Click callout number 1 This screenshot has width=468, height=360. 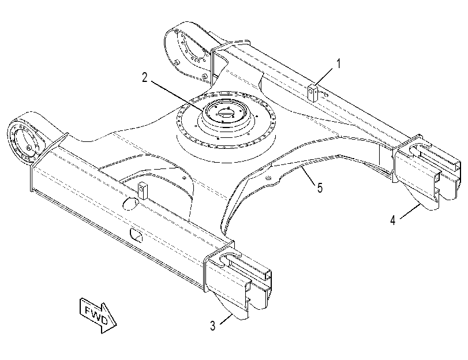click(339, 63)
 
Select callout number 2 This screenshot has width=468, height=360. click(145, 78)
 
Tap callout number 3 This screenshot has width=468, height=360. click(212, 325)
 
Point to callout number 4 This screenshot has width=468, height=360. click(393, 220)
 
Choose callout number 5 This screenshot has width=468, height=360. click(320, 188)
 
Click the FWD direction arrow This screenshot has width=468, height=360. click(98, 315)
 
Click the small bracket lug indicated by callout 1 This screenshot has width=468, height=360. click(313, 93)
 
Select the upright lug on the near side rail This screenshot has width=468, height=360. click(143, 191)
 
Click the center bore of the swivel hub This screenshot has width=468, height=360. click(224, 114)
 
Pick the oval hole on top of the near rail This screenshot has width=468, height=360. click(129, 203)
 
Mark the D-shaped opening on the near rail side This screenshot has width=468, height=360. click(136, 235)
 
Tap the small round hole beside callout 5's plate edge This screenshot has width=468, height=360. click(267, 178)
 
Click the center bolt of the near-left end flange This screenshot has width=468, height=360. click(28, 148)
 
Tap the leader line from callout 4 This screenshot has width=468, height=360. click(410, 211)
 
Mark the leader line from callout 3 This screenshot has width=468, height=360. click(226, 319)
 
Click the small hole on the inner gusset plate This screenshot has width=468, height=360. click(184, 178)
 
